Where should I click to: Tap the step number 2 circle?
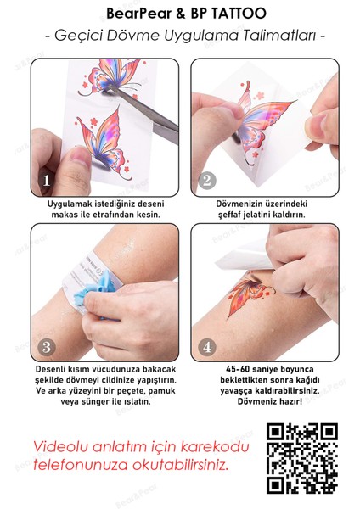pyautogui.click(x=206, y=179)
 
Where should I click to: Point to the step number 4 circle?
pyautogui.click(x=206, y=347)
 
